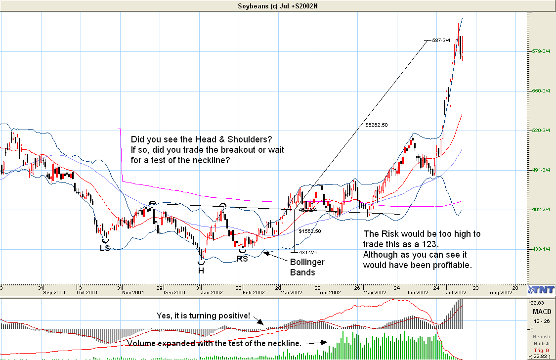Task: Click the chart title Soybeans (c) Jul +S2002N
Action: click(278, 6)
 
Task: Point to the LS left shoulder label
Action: click(105, 248)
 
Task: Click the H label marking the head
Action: click(202, 270)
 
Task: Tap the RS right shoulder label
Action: click(242, 258)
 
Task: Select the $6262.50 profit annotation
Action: click(377, 125)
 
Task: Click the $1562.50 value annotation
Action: click(310, 231)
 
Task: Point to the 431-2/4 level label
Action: click(307, 253)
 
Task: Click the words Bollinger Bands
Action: click(307, 267)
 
